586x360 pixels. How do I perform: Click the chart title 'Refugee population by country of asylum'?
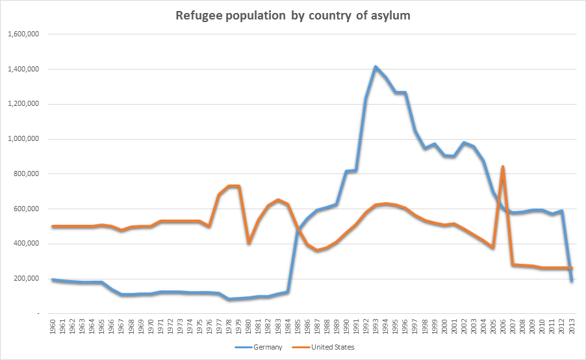coord(293,15)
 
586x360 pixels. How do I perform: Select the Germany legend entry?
coord(264,347)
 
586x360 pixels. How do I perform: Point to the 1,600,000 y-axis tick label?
coord(23,34)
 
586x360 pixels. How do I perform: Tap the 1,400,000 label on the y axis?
coord(23,69)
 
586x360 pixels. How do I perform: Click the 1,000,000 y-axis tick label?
coord(23,139)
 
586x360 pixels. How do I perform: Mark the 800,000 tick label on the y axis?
coord(27,174)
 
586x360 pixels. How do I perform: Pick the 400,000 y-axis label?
coord(27,244)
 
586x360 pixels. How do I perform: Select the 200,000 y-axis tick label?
coord(27,279)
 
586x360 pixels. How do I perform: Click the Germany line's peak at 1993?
coord(376,67)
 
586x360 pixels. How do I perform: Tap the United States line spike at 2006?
coord(503,167)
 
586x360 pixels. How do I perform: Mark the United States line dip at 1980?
coord(248,242)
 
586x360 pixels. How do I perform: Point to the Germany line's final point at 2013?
coord(572,281)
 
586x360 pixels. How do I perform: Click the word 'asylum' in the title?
coord(389,15)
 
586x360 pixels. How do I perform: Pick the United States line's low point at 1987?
coord(317,250)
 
